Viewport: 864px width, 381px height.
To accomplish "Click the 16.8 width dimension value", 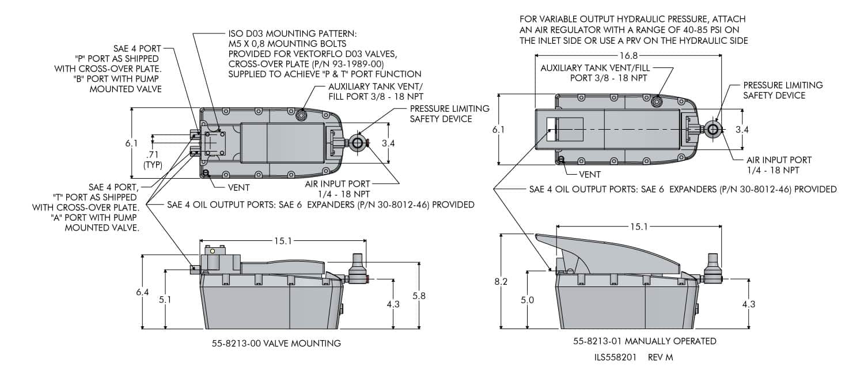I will (628, 56).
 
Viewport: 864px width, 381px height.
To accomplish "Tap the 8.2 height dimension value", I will (501, 282).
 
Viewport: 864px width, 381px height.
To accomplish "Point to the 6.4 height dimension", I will (142, 292).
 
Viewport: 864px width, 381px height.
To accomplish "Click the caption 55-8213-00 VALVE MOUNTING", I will (276, 344).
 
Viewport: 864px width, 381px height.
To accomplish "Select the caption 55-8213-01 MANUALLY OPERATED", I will (645, 341).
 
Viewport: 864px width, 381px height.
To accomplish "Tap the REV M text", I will (660, 357).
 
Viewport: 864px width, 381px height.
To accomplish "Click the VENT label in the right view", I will (590, 173).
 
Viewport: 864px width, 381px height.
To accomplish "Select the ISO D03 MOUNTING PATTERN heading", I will (293, 34).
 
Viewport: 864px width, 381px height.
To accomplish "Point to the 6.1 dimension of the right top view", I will (499, 130).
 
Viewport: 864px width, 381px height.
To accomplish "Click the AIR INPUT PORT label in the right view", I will (779, 160).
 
